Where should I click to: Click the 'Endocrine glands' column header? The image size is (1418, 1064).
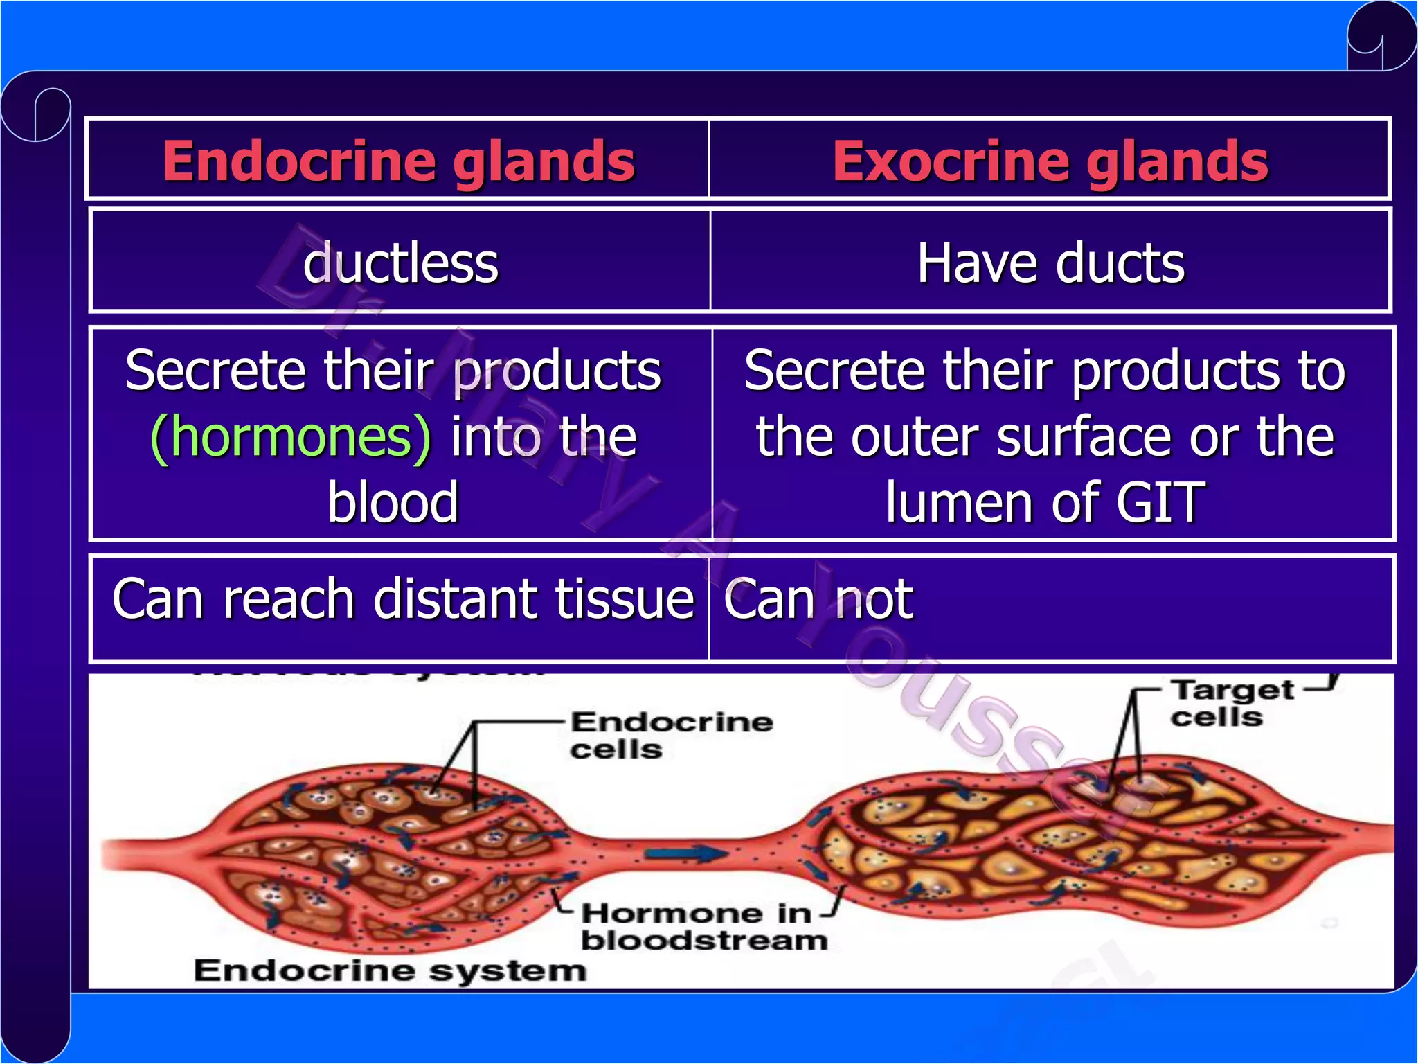(x=398, y=161)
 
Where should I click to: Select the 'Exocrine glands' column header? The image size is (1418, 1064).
(x=1050, y=161)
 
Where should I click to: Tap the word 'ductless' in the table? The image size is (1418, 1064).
(x=400, y=263)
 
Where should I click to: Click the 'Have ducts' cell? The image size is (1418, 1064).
(x=1050, y=263)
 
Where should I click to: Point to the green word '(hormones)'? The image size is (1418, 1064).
(x=291, y=438)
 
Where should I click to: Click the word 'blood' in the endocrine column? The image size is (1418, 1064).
(x=393, y=502)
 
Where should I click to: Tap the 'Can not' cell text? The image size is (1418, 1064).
(x=818, y=599)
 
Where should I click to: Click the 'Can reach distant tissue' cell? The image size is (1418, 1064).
(x=403, y=599)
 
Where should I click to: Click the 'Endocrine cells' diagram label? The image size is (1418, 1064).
(x=670, y=736)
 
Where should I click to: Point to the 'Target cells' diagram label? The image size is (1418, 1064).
(x=1231, y=703)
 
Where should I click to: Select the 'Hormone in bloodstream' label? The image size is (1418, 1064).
(x=703, y=927)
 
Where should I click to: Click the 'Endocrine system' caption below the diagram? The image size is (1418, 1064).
(x=390, y=970)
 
